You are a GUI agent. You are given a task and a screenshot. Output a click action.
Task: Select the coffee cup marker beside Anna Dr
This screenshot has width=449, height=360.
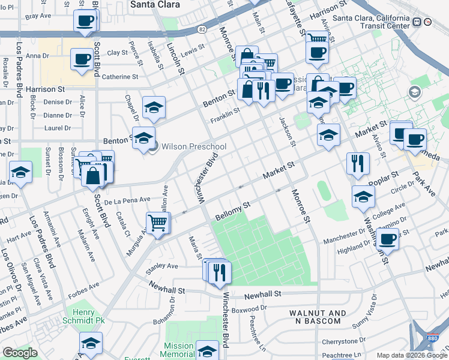pyautogui.click(x=81, y=59)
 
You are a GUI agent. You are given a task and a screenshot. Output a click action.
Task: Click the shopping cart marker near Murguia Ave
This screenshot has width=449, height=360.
pyautogui.click(x=157, y=223)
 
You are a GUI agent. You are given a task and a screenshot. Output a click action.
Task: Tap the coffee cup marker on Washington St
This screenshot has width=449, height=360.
pyautogui.click(x=387, y=239)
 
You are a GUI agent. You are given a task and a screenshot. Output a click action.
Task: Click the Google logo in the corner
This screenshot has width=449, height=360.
pyautogui.click(x=20, y=353)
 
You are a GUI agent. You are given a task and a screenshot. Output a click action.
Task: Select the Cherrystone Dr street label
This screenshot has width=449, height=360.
pyautogui.click(x=340, y=341)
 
